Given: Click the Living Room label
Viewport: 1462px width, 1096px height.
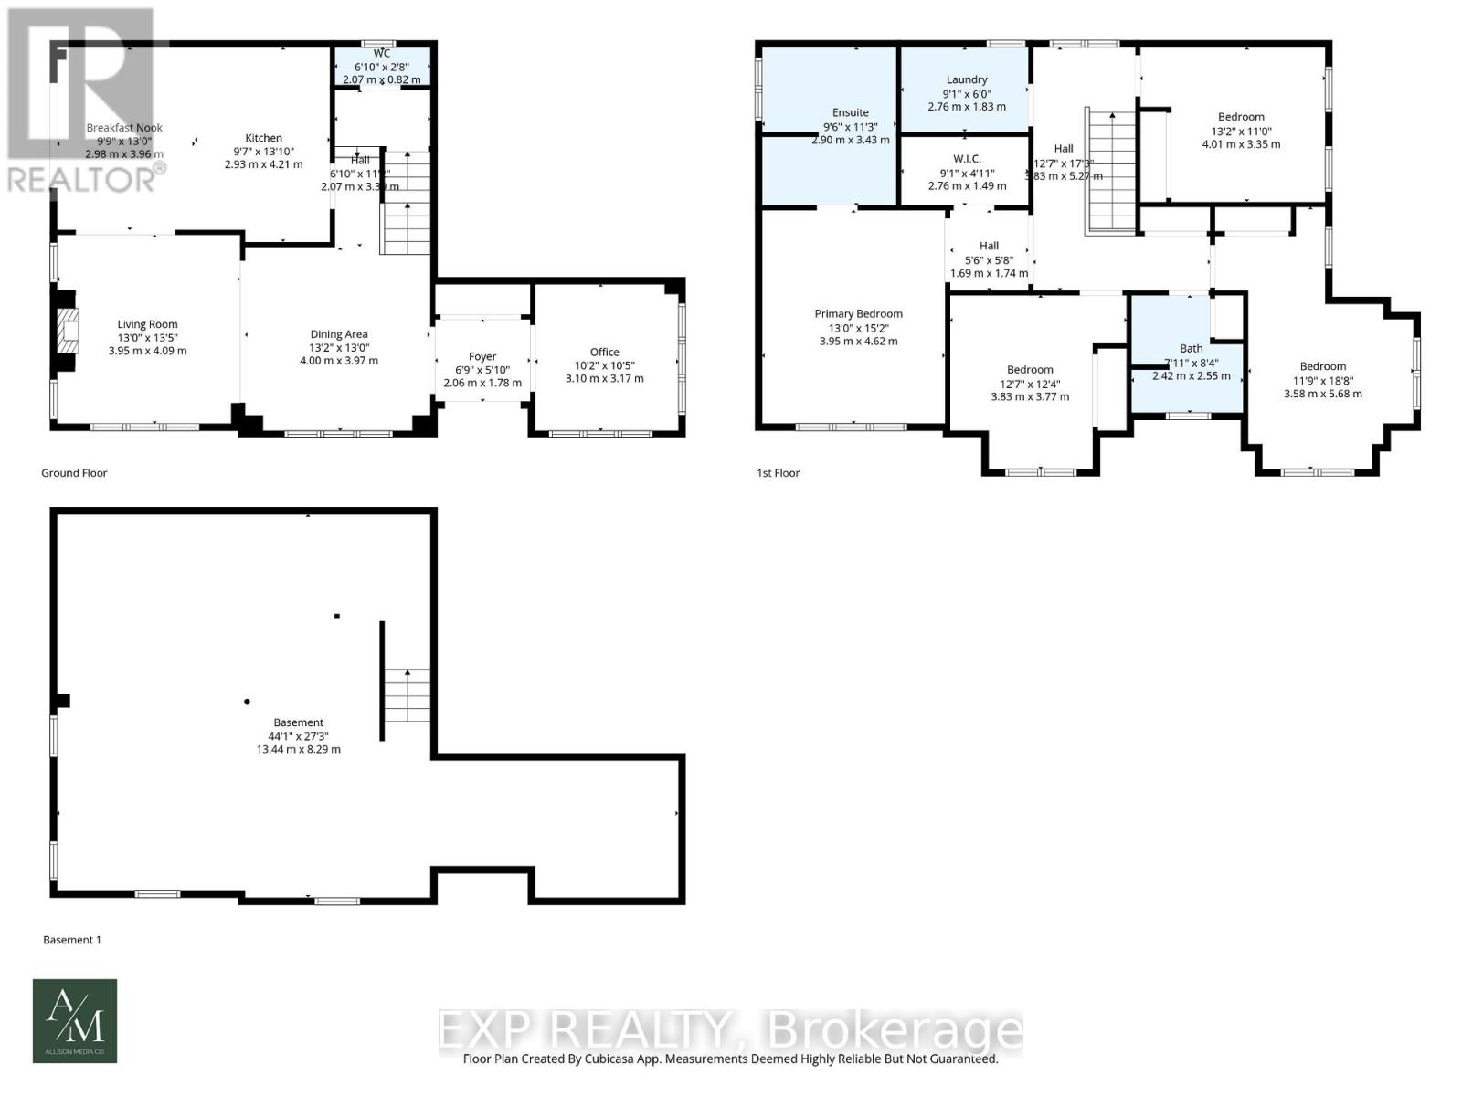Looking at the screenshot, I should click(x=147, y=324).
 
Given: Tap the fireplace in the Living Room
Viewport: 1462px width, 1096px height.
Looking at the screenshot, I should click(x=66, y=331).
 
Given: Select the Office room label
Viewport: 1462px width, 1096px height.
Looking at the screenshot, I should click(x=604, y=352).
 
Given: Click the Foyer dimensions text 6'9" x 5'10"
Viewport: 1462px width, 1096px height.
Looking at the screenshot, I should click(x=482, y=370).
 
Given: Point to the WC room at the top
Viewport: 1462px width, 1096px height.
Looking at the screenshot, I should click(x=382, y=67).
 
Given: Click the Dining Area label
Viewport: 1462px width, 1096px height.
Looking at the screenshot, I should click(x=339, y=334).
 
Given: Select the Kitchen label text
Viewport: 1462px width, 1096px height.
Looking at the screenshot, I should click(x=263, y=138).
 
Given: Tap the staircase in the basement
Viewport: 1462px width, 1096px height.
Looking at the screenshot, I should click(x=406, y=696).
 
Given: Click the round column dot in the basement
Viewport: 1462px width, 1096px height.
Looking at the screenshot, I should click(x=247, y=701).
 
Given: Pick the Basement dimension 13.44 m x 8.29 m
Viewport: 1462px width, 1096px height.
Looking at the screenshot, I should click(x=298, y=749).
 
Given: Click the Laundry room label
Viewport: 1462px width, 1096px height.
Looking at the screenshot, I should click(x=967, y=79).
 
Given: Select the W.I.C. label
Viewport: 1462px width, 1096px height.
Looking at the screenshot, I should click(x=967, y=159).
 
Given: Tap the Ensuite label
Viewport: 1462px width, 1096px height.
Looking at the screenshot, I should click(x=851, y=112).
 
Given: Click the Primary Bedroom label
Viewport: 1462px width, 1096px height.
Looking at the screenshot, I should click(x=858, y=313).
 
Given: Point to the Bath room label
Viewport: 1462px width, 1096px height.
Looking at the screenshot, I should click(x=1191, y=348).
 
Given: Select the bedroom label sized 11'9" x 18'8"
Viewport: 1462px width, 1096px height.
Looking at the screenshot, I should click(x=1322, y=366).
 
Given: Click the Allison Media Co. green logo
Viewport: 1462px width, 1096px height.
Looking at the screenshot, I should click(x=75, y=1021).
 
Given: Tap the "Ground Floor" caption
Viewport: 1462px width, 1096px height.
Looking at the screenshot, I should click(x=74, y=473).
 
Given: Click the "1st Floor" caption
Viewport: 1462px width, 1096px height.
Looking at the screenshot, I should click(x=778, y=473).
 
